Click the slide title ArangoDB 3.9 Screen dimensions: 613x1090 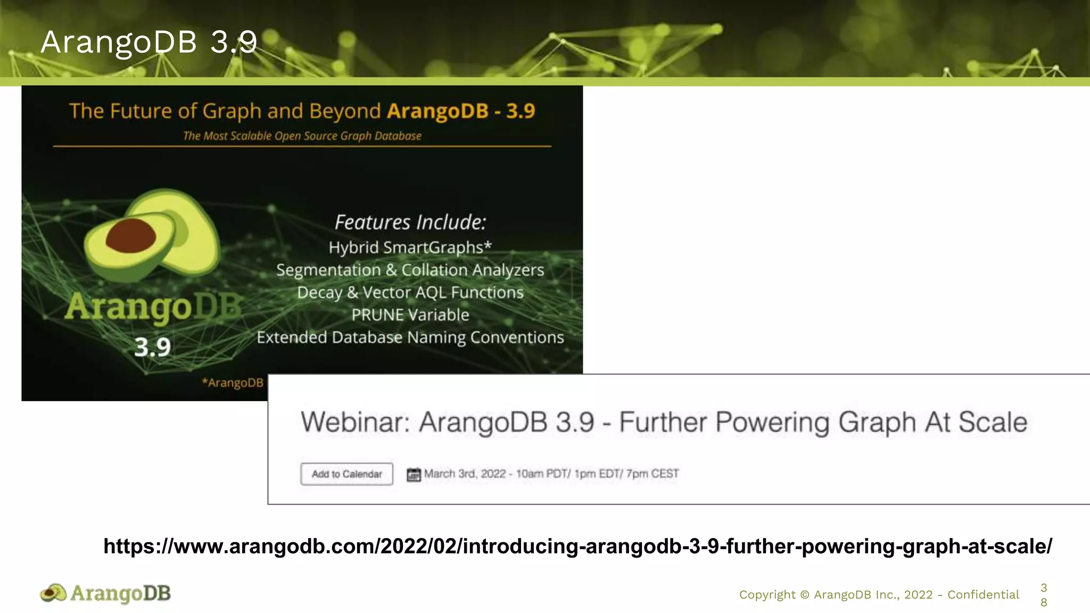click(x=148, y=42)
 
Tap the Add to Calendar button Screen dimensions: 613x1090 click(x=346, y=474)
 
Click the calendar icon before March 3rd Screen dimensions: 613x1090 click(x=414, y=474)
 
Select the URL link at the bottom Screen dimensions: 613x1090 click(x=577, y=546)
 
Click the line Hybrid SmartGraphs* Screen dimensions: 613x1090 click(x=410, y=247)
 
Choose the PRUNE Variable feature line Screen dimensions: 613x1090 click(x=410, y=315)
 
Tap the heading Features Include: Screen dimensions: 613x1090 click(x=410, y=222)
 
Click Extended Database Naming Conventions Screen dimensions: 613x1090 click(x=410, y=337)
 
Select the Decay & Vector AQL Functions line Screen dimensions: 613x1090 click(x=410, y=293)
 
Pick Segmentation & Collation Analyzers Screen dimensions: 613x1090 click(x=410, y=270)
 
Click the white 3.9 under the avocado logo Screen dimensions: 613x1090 click(x=152, y=347)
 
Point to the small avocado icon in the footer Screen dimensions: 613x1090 click(x=53, y=593)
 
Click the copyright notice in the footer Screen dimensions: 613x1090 click(x=879, y=595)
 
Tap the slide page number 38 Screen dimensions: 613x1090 click(x=1044, y=595)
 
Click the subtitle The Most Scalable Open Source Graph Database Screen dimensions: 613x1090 click(x=302, y=136)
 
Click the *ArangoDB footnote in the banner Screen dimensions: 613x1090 click(x=233, y=383)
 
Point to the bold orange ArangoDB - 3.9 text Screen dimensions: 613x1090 click(x=461, y=111)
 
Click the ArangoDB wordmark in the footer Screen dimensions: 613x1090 click(x=120, y=593)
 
